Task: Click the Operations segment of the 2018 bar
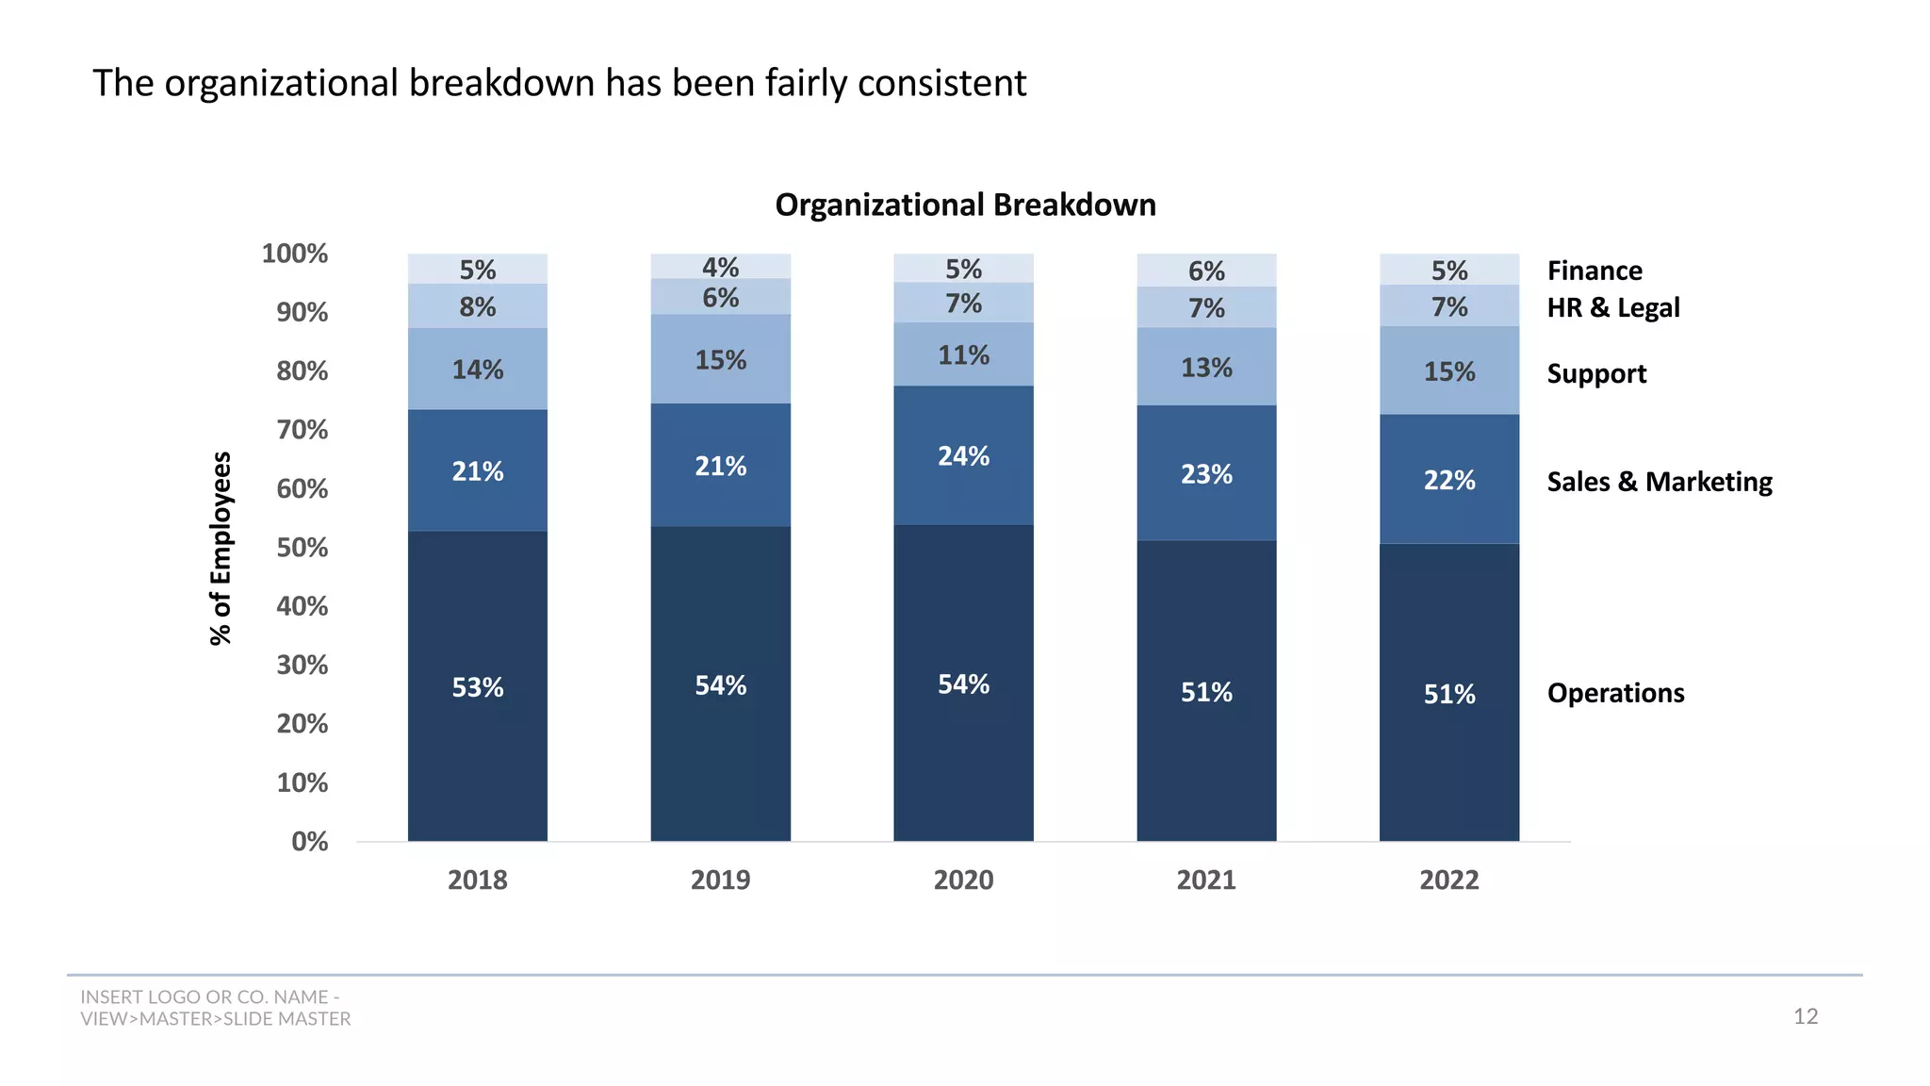pos(478,687)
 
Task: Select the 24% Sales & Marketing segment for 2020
pos(963,456)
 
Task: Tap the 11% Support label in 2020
pos(963,355)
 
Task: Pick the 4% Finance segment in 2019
pos(720,267)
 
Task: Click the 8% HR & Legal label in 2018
pos(478,306)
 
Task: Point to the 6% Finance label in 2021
pos(1206,271)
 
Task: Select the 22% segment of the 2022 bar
pos(1448,480)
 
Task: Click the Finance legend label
pos(1595,271)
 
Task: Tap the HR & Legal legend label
pos(1612,307)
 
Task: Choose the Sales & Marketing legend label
pos(1659,482)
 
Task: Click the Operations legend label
pos(1615,693)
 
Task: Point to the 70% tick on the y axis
pos(303,430)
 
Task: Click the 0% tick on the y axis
pos(310,841)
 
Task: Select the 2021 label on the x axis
pos(1206,880)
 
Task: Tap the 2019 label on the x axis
pos(720,880)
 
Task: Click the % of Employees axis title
pos(221,548)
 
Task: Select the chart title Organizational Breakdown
pos(965,205)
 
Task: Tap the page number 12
pos(1805,1016)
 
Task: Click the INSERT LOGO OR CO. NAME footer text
pos(210,997)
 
